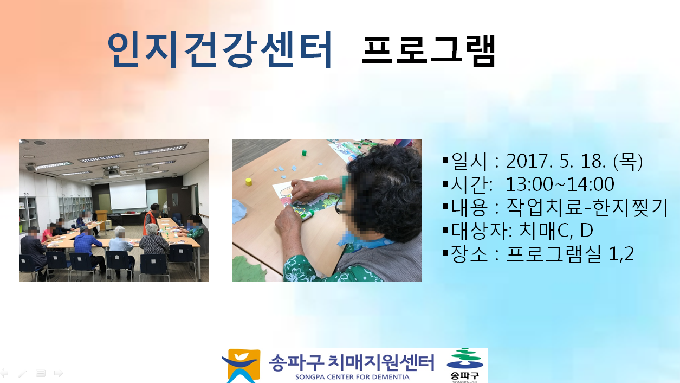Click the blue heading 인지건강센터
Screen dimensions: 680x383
pos(219,49)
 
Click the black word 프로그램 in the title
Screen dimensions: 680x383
pos(429,50)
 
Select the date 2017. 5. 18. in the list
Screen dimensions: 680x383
pos(556,161)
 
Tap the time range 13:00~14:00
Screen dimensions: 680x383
pos(560,184)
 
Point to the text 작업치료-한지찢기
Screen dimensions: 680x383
pos(587,207)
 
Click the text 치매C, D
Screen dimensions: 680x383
pos(556,231)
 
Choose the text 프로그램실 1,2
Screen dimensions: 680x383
pos(570,253)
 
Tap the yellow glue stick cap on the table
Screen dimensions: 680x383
pos(249,182)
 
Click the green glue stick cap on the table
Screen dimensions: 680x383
pos(304,152)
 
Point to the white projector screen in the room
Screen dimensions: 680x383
pos(128,195)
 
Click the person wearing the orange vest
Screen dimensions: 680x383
pos(151,218)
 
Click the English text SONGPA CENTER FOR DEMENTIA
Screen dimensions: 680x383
pos(352,377)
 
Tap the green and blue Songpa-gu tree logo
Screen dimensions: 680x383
pos(464,365)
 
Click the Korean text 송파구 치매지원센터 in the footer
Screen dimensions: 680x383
pos(352,362)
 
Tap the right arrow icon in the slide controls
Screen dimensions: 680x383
pos(59,373)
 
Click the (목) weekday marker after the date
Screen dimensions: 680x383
pos(628,161)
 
